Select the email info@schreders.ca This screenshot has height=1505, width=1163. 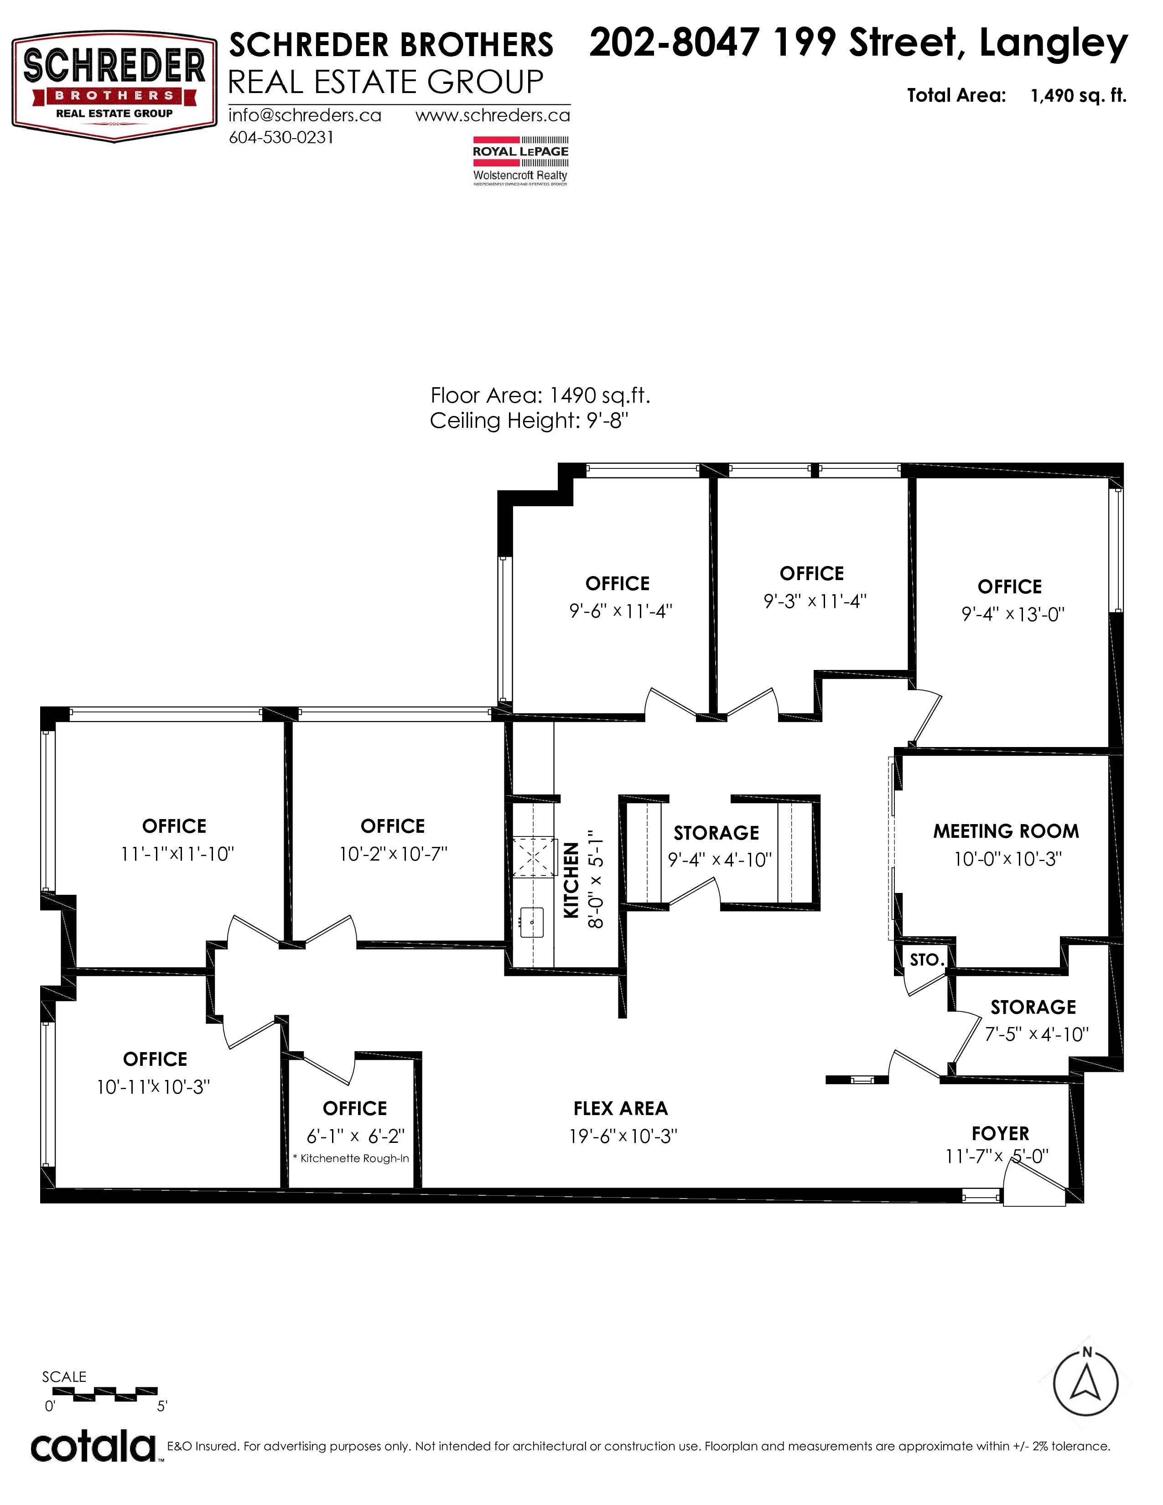305,115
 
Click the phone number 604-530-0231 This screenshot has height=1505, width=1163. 281,137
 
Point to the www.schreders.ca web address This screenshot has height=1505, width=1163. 493,115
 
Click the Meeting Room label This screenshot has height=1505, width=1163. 1006,831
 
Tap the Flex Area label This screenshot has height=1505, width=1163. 621,1108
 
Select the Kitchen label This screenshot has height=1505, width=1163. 571,880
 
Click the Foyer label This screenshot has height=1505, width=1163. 1000,1134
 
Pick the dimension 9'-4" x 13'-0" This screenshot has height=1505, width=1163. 1013,614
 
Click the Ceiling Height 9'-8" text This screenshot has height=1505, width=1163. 529,420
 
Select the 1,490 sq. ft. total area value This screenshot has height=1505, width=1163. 1078,96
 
